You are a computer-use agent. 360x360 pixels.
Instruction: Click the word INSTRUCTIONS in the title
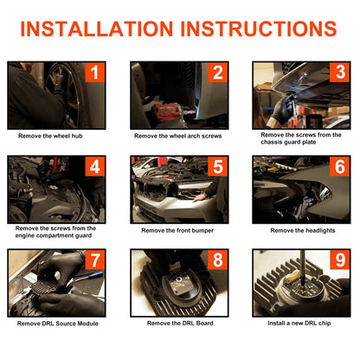[259, 29]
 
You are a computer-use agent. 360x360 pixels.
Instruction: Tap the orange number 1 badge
[95, 73]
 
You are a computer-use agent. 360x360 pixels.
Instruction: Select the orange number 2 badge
[218, 73]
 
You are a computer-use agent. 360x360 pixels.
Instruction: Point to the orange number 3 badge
[340, 73]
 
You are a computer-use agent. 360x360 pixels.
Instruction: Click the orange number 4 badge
[95, 166]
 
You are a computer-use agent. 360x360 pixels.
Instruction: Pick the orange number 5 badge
[218, 166]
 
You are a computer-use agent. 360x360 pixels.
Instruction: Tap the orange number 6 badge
[340, 166]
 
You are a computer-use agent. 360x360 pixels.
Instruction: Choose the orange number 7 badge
[95, 260]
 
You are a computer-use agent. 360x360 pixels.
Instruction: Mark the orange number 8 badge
[218, 260]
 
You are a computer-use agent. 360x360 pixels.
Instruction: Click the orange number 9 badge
[340, 260]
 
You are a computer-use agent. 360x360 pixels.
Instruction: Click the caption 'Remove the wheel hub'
[50, 136]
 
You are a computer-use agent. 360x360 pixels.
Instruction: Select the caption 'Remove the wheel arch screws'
[178, 136]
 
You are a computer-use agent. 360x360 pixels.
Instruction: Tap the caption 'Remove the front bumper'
[177, 230]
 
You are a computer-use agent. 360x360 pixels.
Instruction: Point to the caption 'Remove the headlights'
[303, 230]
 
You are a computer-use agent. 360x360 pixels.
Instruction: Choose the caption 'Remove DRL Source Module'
[58, 324]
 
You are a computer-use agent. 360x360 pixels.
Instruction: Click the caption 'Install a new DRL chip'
[299, 323]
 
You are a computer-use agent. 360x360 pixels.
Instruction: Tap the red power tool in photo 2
[167, 112]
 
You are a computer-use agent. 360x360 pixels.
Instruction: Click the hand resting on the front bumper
[199, 197]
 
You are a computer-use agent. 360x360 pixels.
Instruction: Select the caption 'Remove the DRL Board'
[180, 323]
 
